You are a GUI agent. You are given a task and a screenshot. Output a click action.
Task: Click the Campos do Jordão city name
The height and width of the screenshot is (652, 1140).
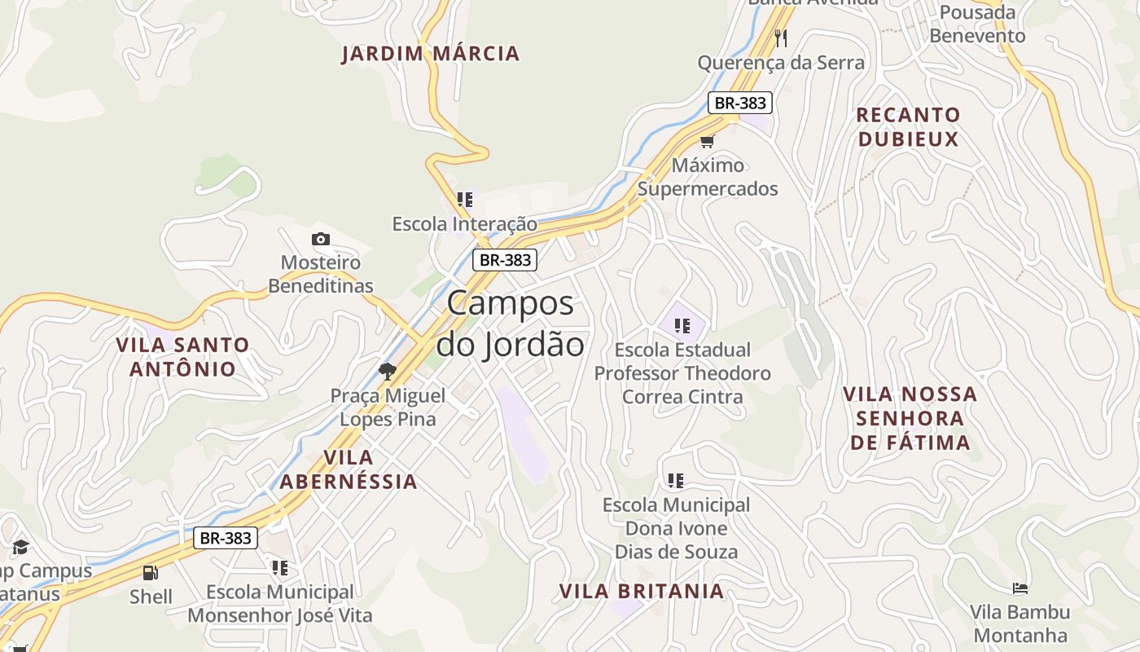point(511,324)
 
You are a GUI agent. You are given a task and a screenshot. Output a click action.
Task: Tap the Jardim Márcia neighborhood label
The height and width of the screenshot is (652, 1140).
point(430,54)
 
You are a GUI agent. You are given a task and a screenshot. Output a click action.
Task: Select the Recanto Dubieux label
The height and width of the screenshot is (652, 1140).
point(908,126)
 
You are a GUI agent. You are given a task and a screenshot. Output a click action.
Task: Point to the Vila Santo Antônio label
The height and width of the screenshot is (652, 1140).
point(182,356)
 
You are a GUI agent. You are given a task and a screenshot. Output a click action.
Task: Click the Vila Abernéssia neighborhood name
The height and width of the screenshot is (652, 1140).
point(349,469)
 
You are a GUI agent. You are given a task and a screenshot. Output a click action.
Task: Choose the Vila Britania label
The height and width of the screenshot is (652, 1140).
point(642,591)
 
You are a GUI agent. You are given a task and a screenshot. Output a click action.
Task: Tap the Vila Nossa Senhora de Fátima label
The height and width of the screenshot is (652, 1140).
point(910,418)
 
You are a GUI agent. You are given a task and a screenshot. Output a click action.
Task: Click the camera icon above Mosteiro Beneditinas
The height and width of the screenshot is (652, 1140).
point(321,239)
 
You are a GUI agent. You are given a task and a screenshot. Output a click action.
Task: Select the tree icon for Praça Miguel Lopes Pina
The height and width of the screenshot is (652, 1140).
point(388,372)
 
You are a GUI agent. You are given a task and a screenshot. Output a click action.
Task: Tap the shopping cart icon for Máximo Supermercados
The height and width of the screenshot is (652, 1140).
point(707,141)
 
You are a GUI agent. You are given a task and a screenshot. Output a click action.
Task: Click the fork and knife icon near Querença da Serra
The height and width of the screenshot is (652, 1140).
point(781,37)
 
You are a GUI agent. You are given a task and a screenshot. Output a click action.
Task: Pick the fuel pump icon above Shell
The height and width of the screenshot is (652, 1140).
point(150,573)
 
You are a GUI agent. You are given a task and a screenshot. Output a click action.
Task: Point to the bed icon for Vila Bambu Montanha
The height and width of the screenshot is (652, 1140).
point(1019,588)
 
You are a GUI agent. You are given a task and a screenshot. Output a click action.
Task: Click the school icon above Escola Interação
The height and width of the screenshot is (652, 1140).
point(465,200)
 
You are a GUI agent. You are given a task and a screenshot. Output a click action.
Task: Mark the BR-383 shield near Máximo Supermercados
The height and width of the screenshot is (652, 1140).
point(739,103)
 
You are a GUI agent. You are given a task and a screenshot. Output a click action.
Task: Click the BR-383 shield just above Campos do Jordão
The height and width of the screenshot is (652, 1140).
point(505,260)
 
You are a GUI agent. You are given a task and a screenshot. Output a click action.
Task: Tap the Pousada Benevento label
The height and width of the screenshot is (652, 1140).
point(977,24)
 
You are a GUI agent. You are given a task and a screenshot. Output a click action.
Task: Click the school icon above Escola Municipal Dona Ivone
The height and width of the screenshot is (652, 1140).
point(676,481)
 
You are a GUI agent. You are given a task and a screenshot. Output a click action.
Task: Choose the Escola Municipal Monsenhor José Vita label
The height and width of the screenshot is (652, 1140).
point(279,603)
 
